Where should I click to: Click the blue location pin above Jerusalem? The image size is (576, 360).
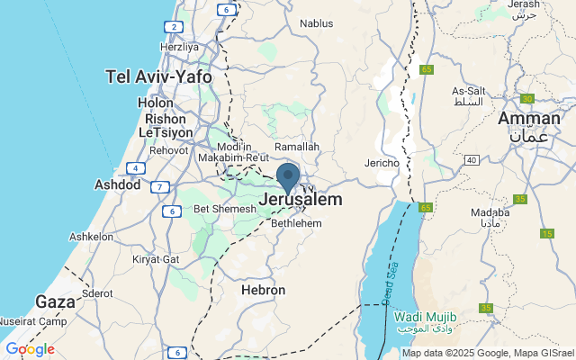[x=288, y=175]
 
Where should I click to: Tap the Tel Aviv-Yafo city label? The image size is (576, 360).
[x=159, y=76]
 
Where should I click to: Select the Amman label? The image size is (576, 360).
[x=528, y=119]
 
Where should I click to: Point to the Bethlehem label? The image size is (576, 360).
[x=296, y=221]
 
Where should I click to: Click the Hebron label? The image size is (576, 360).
[x=263, y=291]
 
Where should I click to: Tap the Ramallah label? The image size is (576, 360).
[x=296, y=146]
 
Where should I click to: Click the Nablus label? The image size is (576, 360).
[x=316, y=23]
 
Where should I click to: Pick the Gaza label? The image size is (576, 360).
[x=55, y=301]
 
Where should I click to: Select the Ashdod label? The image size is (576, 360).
[x=118, y=184]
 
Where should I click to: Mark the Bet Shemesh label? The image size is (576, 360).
[x=226, y=209]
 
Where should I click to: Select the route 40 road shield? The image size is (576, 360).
[x=471, y=159]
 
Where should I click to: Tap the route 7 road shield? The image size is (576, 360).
[x=160, y=187]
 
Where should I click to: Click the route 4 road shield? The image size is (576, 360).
[x=135, y=168]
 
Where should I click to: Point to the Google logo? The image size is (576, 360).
[x=30, y=349]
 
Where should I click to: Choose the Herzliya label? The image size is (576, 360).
[x=178, y=46]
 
